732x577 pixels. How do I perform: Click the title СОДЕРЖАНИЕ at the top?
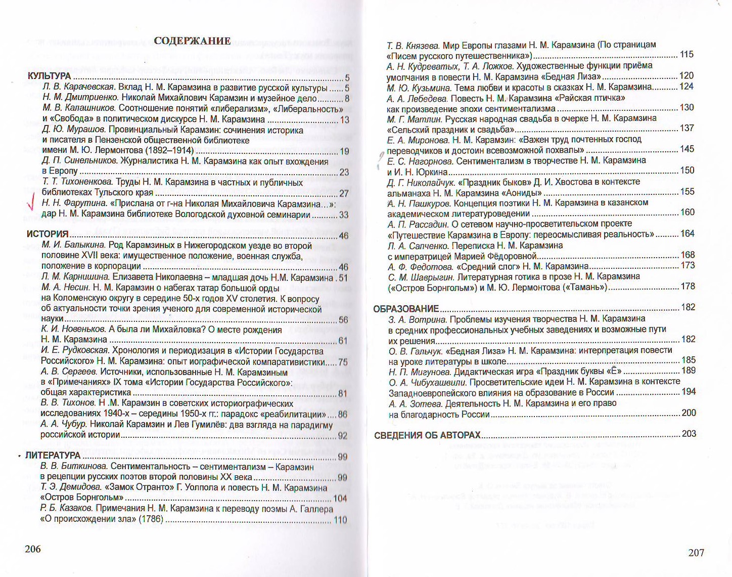192,42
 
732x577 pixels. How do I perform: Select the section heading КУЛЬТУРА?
49,77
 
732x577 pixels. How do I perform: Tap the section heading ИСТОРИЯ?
47,234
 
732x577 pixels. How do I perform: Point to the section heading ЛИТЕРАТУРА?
53,456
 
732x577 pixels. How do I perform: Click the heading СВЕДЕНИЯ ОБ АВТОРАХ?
427,435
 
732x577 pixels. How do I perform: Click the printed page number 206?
33,549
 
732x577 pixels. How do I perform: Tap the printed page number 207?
696,553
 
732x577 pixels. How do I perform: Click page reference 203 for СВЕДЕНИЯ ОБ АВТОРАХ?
689,434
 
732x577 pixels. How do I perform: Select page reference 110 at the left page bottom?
340,520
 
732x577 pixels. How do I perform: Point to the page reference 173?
688,265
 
